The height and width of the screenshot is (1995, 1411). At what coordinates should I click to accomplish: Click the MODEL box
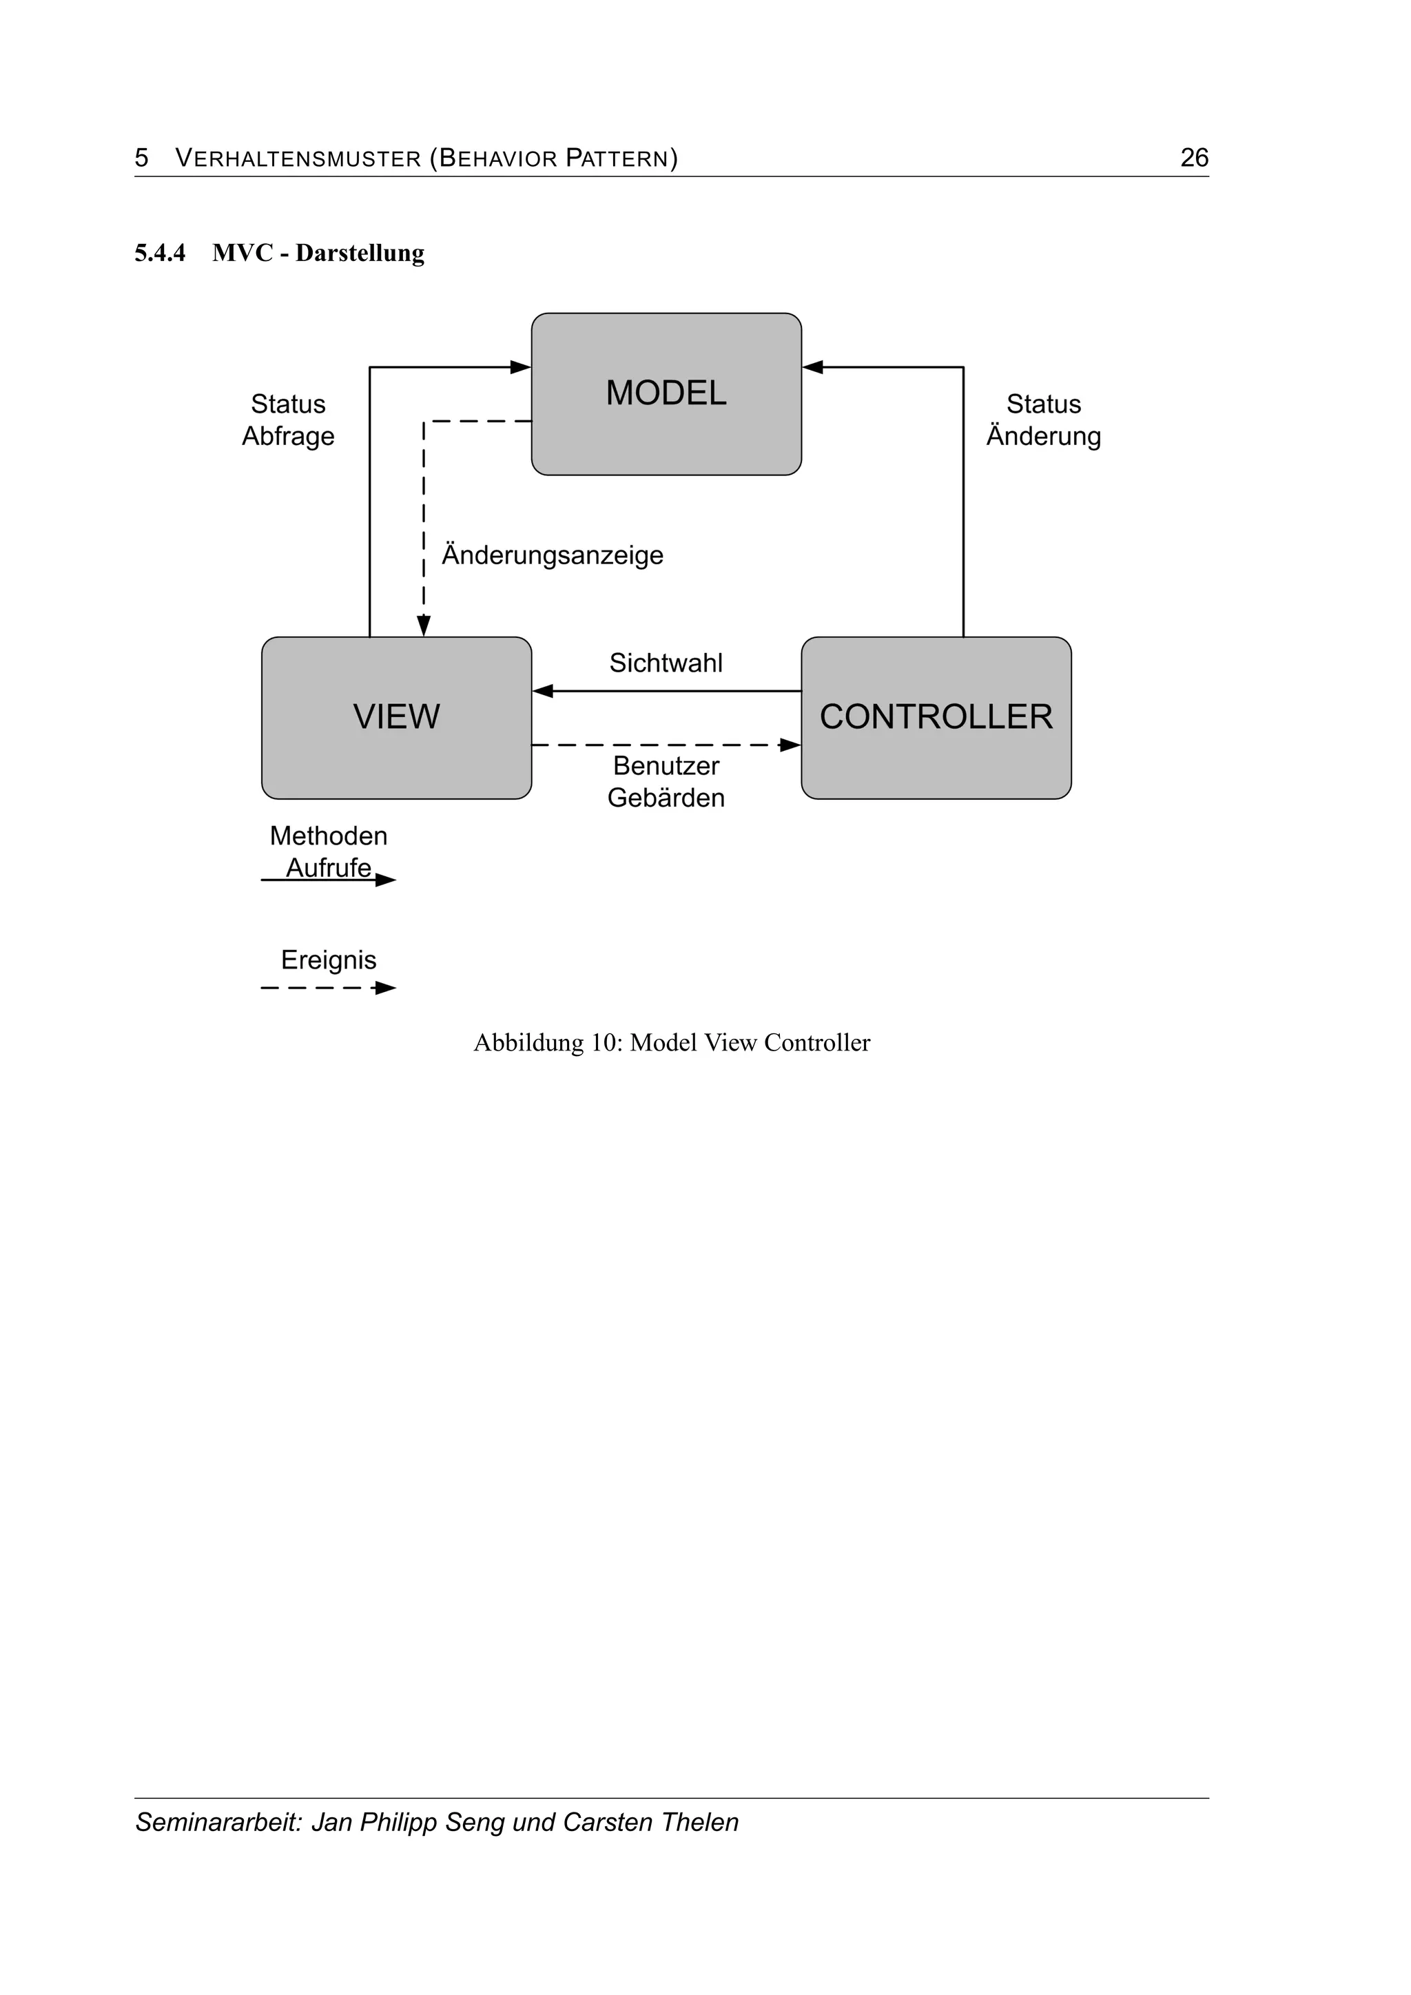(666, 393)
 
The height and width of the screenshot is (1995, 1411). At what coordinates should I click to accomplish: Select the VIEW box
(396, 717)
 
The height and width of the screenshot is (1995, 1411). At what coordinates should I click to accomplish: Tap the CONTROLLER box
(936, 717)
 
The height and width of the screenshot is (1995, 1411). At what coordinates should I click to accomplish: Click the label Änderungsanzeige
(552, 555)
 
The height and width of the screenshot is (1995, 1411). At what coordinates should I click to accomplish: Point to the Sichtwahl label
(666, 663)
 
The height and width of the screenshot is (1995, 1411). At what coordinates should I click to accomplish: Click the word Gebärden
(666, 798)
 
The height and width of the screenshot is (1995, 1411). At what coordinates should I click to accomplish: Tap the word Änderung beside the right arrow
(1044, 436)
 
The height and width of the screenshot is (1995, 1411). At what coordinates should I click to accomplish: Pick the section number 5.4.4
(160, 253)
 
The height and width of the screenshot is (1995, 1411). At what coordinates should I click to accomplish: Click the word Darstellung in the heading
(360, 253)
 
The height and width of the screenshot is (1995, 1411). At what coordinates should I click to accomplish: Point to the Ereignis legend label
(329, 960)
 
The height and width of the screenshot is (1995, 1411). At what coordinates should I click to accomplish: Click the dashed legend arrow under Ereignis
(329, 988)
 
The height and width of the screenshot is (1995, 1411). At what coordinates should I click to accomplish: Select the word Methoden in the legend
(329, 836)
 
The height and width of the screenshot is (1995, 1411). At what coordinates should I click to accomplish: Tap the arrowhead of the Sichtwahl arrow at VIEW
(543, 692)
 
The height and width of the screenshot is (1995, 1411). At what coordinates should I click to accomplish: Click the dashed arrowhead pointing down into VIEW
(423, 626)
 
